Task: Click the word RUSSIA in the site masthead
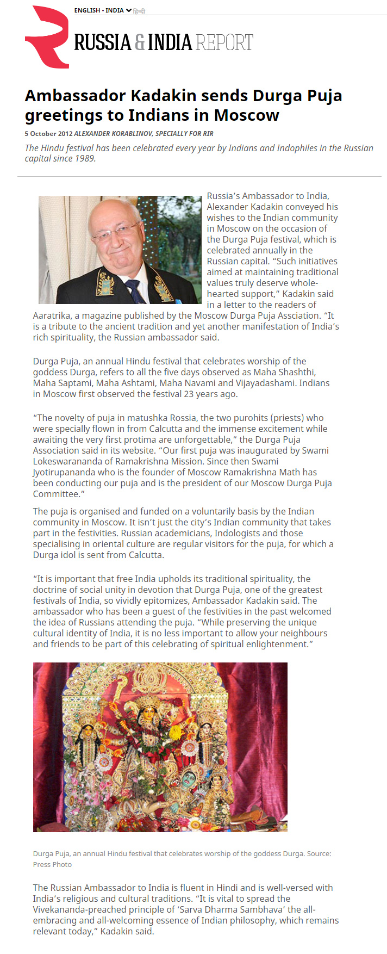click(x=102, y=42)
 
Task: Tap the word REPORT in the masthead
click(x=224, y=42)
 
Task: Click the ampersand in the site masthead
click(x=140, y=42)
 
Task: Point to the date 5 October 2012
click(x=48, y=133)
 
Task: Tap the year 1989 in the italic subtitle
click(x=85, y=159)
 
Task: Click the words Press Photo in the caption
click(x=52, y=864)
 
